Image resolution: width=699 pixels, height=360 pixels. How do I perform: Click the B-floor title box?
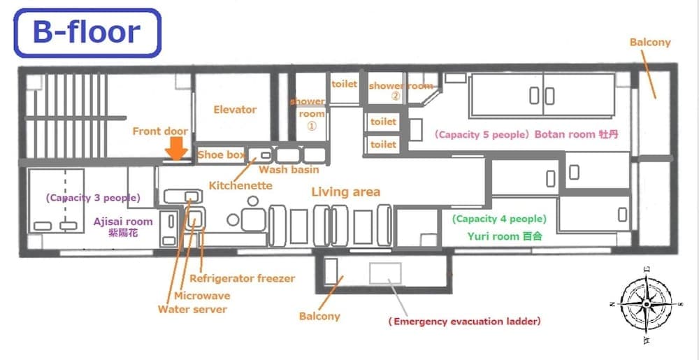tap(87, 32)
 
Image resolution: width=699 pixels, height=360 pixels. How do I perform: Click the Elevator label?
tap(235, 109)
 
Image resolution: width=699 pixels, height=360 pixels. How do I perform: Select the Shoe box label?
tap(221, 154)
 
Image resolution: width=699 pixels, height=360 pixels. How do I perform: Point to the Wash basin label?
tap(289, 169)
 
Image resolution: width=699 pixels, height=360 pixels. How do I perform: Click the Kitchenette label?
tap(240, 185)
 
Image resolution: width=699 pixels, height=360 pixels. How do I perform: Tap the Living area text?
tap(346, 192)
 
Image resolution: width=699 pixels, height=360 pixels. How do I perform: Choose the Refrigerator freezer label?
tap(242, 278)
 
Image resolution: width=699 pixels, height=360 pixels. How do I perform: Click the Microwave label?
tap(202, 295)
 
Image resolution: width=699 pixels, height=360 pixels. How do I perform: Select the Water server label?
tap(192, 309)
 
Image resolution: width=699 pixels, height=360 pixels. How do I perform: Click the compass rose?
tap(646, 303)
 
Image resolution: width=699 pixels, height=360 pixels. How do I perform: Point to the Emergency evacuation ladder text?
tap(464, 322)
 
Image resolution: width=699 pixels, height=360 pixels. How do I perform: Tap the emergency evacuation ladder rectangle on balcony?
tap(385, 272)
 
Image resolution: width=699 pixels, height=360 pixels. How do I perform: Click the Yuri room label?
tap(503, 236)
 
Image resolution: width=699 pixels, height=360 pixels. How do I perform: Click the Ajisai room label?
tap(123, 222)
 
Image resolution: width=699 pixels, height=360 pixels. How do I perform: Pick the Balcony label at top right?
tap(650, 42)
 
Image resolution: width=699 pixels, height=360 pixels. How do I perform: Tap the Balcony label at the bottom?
tap(319, 316)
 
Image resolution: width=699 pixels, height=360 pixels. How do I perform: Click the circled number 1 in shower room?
tap(312, 127)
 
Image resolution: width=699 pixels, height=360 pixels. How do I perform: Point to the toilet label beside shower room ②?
tap(344, 84)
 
